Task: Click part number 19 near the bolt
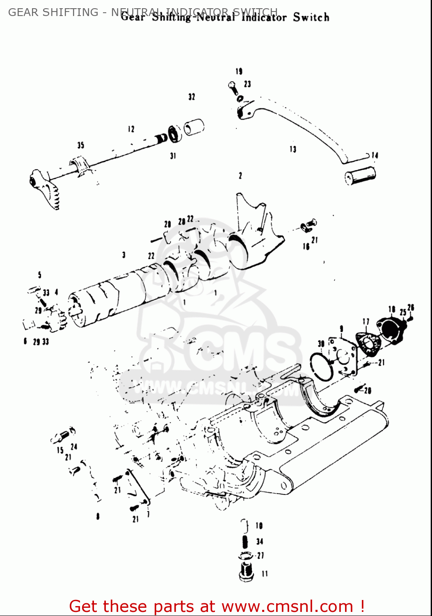[239, 71]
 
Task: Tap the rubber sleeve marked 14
[360, 176]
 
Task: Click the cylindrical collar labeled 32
[194, 127]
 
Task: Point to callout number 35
[80, 145]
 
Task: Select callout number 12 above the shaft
[131, 129]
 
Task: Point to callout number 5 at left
[39, 275]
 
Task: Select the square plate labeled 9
[343, 356]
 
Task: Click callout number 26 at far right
[411, 308]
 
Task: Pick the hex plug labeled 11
[246, 572]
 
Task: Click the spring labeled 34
[245, 542]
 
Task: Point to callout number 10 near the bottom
[259, 525]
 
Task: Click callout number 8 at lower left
[98, 516]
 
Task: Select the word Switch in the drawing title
[311, 17]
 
